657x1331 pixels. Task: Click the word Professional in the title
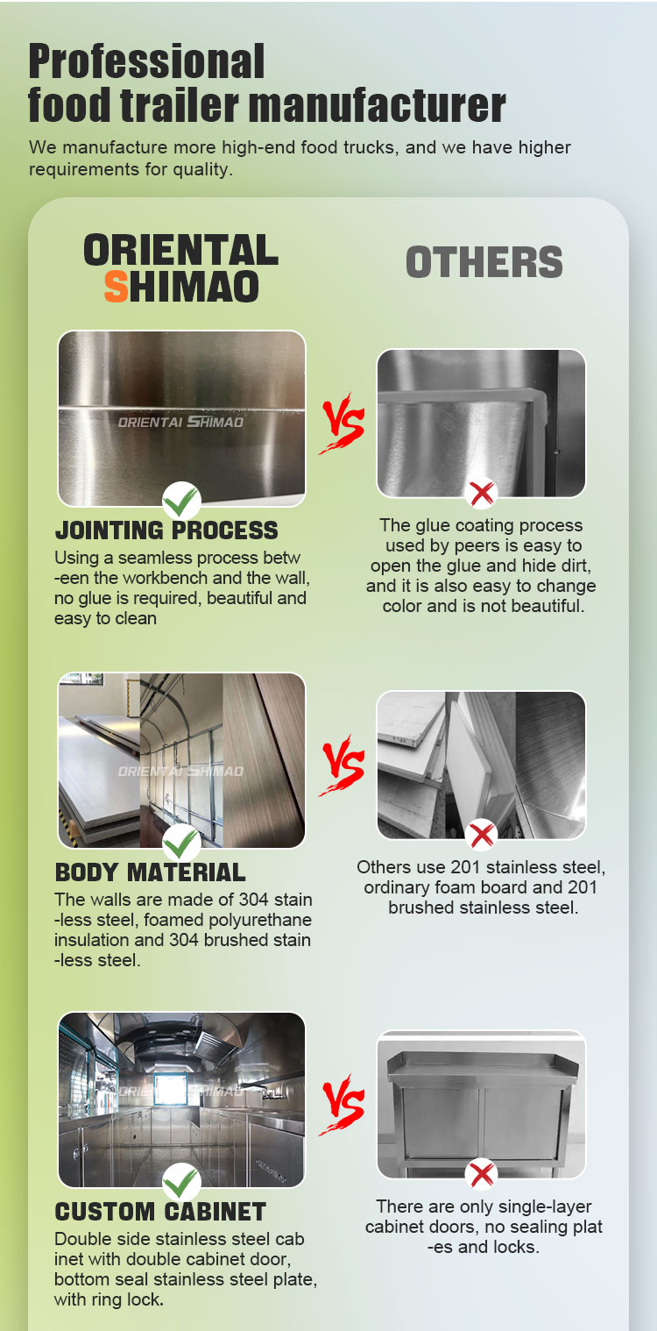(x=146, y=61)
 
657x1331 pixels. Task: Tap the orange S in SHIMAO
(x=117, y=287)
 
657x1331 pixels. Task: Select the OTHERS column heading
(x=484, y=262)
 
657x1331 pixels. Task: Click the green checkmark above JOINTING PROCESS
(x=181, y=501)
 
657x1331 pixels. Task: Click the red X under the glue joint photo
(x=481, y=493)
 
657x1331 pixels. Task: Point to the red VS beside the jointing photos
(x=343, y=423)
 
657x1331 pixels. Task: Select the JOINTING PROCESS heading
(x=166, y=530)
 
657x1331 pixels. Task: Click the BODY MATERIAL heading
(x=150, y=872)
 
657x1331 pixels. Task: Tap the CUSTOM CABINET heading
(x=160, y=1212)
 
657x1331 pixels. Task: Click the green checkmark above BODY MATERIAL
(x=181, y=843)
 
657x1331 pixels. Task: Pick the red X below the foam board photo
(x=481, y=835)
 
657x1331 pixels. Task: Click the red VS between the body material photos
(x=343, y=765)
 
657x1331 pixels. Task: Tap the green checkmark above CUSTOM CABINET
(x=181, y=1182)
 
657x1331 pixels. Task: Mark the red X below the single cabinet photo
(x=481, y=1174)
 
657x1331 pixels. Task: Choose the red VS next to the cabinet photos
(x=343, y=1105)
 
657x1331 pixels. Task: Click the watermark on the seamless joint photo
(x=181, y=422)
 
